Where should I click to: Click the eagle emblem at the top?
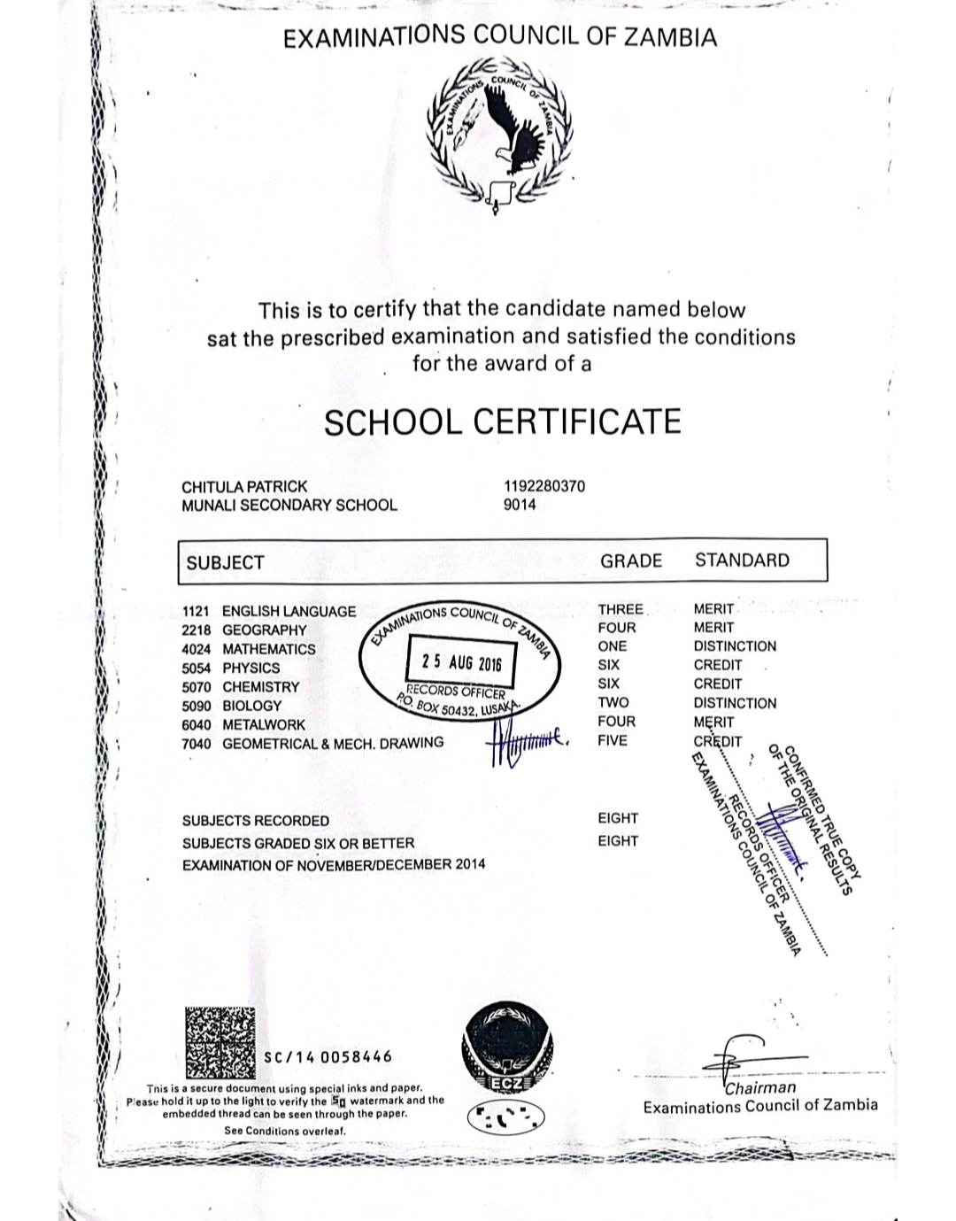[501, 133]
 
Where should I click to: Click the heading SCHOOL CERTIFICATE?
[502, 421]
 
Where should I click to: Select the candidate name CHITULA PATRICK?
[244, 486]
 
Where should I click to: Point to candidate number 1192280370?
[544, 486]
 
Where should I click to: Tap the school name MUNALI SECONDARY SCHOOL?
[289, 505]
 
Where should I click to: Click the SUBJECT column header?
[225, 562]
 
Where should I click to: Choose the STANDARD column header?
[742, 560]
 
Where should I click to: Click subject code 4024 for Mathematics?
[196, 649]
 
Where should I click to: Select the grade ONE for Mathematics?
[612, 646]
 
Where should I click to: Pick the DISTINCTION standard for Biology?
[735, 703]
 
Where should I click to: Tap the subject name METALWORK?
[264, 724]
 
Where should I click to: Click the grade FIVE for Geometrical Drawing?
[612, 740]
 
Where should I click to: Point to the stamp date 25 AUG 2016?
[461, 662]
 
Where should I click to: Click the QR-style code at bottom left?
[221, 1042]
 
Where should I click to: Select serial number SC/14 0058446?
[328, 1056]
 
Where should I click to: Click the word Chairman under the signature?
[760, 1087]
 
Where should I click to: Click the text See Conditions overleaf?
[284, 1131]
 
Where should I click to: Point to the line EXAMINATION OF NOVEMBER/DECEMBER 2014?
[334, 864]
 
